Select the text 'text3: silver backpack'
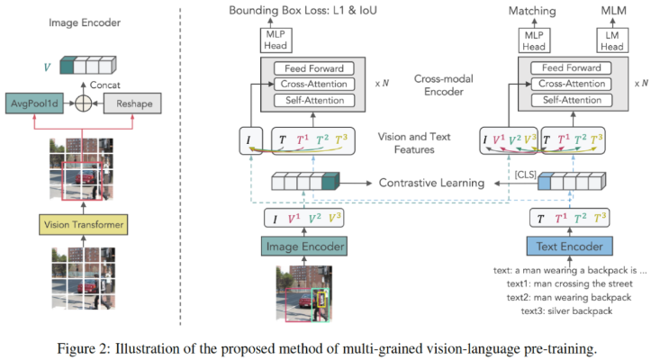pyautogui.click(x=565, y=310)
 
